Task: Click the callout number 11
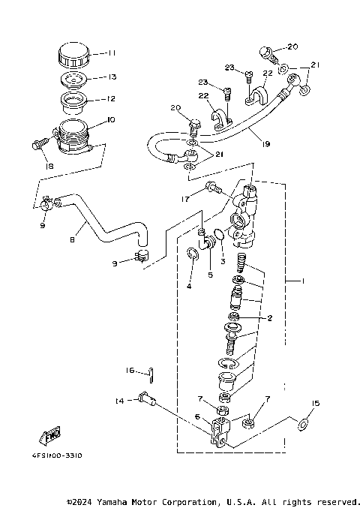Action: coord(111,54)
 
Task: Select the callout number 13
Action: coord(111,77)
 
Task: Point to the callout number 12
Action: coord(111,99)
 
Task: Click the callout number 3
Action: coord(222,262)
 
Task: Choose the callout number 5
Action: coord(211,275)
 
